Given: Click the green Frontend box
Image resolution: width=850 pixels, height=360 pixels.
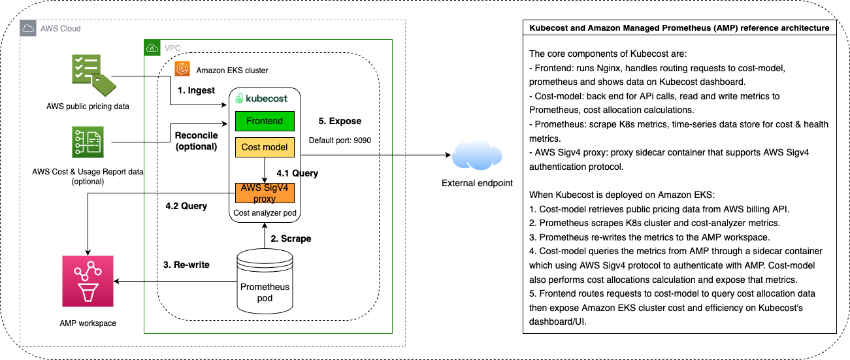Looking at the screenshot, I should click(265, 121).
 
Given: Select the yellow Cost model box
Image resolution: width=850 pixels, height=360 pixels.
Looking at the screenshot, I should click(265, 147).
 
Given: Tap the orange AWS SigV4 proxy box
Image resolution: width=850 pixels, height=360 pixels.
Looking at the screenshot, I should click(265, 193).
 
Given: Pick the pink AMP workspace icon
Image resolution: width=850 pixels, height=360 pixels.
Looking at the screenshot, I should click(88, 281).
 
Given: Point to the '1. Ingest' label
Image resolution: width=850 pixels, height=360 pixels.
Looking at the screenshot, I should click(197, 90).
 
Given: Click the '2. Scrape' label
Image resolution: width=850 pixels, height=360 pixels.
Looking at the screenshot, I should click(291, 238).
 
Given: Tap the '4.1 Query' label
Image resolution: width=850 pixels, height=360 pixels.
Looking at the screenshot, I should click(297, 173).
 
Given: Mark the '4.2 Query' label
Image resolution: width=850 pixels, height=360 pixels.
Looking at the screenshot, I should click(186, 206).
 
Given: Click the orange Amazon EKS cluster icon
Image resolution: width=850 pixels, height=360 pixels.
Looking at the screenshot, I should click(182, 69).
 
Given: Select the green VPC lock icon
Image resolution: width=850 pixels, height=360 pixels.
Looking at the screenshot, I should click(152, 48).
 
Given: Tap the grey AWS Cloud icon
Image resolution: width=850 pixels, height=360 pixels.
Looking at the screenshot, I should click(28, 28).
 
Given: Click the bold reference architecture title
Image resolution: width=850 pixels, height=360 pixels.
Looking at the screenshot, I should click(679, 28).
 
